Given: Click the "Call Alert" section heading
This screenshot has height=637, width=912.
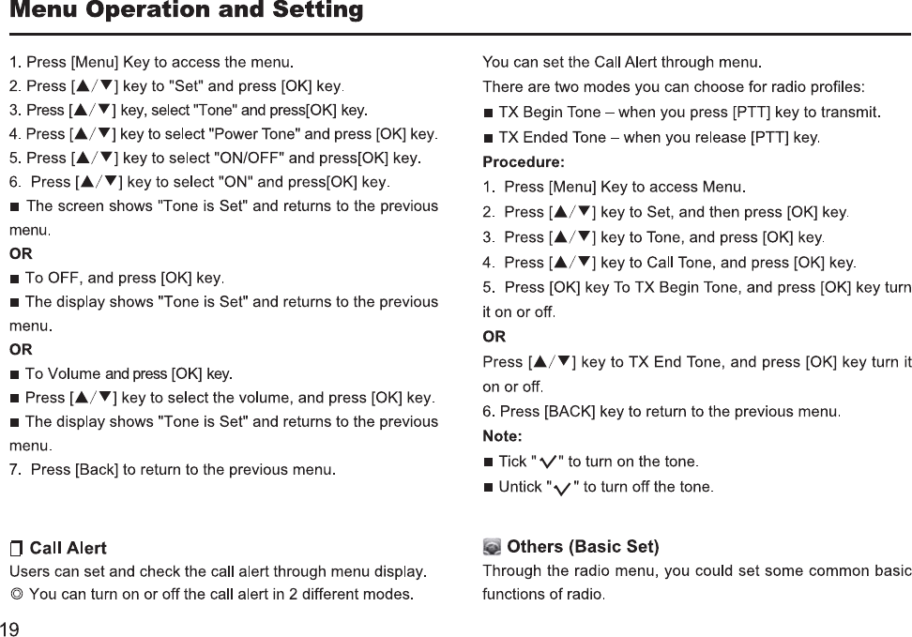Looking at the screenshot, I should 68,548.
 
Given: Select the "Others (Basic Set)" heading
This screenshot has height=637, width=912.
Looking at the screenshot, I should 583,547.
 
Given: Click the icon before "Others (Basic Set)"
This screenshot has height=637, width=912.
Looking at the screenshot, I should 492,547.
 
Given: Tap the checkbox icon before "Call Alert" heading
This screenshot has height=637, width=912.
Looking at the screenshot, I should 17,549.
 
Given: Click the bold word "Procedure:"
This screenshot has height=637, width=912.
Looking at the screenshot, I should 524,162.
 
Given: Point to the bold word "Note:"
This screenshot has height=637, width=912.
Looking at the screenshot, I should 502,436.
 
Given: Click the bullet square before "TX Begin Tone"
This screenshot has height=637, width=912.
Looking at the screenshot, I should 488,114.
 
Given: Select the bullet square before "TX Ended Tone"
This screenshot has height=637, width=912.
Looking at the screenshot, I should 488,139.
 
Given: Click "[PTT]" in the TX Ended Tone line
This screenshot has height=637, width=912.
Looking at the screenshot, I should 772,138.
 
